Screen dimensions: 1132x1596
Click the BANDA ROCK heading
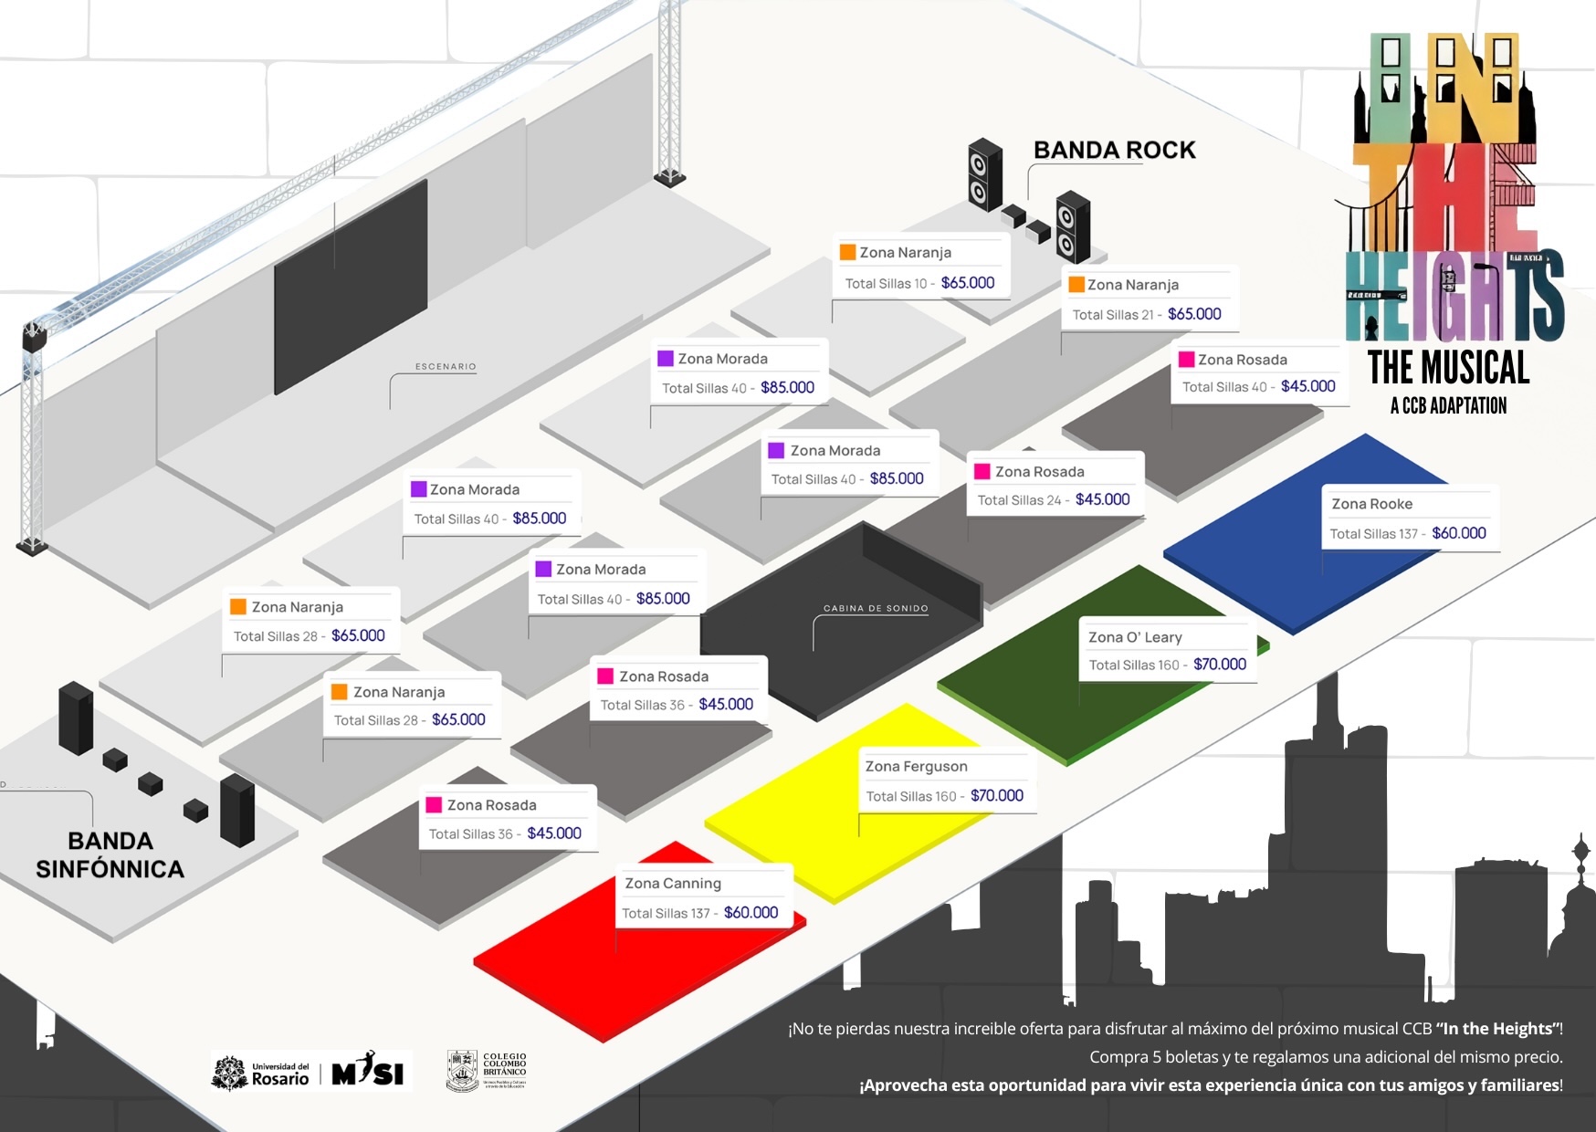[x=1114, y=151]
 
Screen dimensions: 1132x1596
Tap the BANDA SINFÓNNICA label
[x=110, y=855]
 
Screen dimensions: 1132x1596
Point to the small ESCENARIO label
[x=446, y=367]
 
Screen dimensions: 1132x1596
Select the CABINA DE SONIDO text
[x=876, y=608]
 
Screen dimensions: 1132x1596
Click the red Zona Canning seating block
[x=584, y=968]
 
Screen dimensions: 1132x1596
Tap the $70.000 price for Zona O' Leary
[x=1220, y=665]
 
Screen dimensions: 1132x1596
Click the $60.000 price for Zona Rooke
[x=1459, y=533]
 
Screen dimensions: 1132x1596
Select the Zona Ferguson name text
[x=917, y=767]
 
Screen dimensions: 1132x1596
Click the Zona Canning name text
[x=673, y=884]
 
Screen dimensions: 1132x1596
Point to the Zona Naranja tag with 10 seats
[x=920, y=267]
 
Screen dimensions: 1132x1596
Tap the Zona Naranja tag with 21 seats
[x=1148, y=299]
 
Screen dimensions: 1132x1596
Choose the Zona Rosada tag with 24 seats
[x=1055, y=485]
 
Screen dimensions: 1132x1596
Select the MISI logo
[x=368, y=1071]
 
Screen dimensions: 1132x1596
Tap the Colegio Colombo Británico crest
[x=463, y=1071]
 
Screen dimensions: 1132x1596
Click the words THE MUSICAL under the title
[x=1448, y=368]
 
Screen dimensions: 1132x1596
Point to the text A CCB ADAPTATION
[x=1448, y=406]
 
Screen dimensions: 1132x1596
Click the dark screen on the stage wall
[x=351, y=288]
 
